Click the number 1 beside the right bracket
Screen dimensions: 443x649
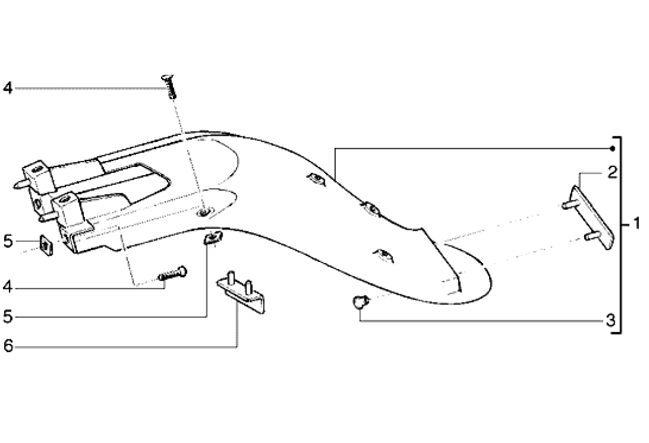pos(635,225)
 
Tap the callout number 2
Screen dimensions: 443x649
pos(612,173)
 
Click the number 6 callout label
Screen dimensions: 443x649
pos(8,346)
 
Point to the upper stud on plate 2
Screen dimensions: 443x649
pos(568,205)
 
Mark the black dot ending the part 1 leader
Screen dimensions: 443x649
pos(613,147)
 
